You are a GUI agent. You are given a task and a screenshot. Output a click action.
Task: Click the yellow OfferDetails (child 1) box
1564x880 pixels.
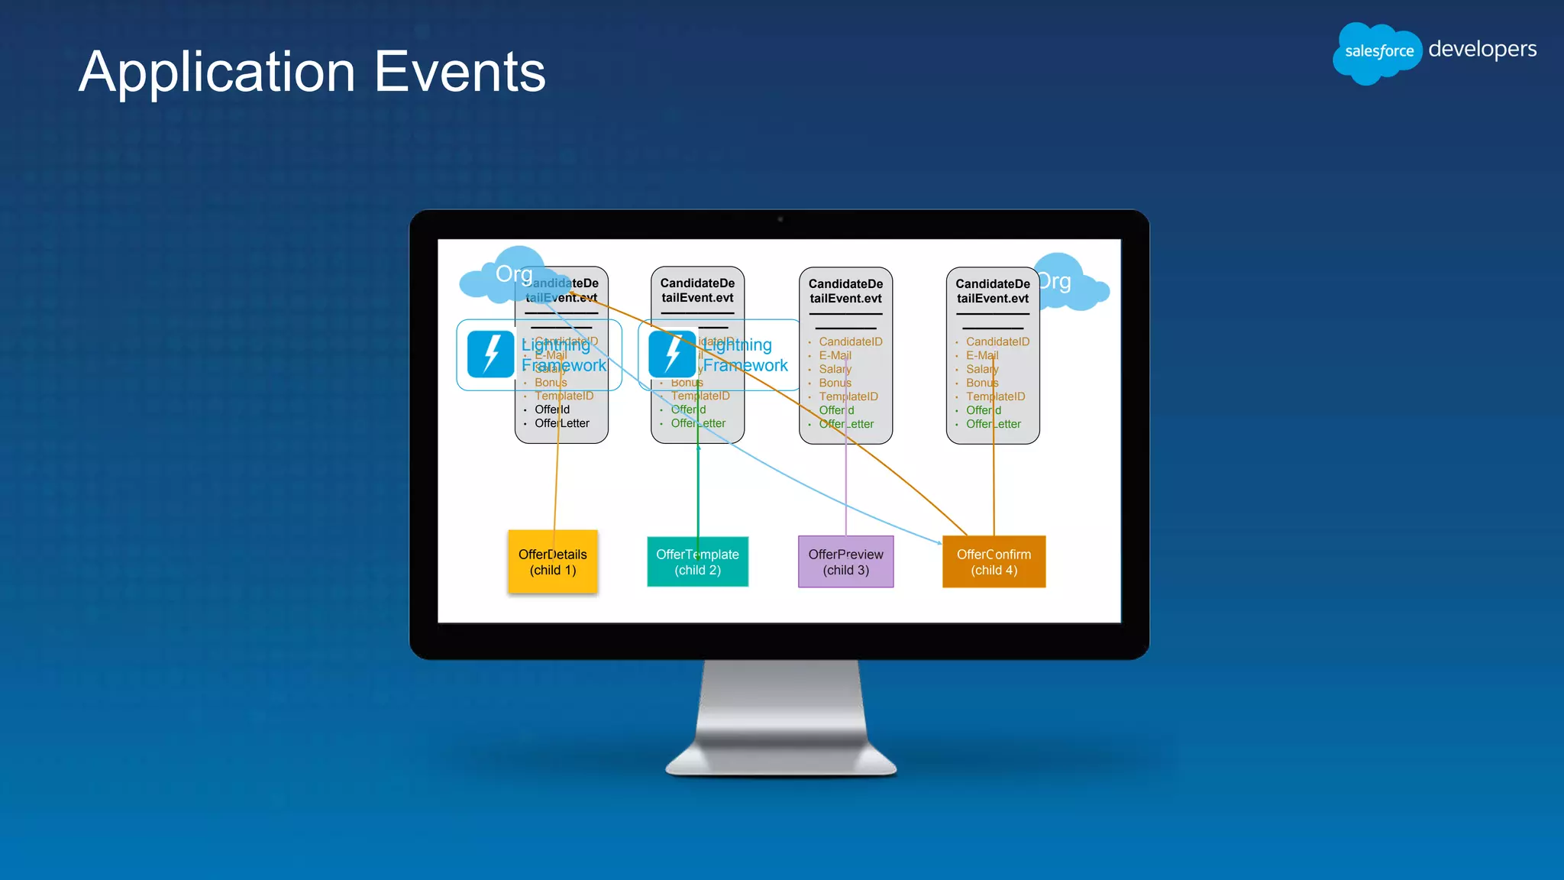click(x=552, y=561)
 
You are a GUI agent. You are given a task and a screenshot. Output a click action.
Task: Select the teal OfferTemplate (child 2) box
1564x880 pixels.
click(x=697, y=561)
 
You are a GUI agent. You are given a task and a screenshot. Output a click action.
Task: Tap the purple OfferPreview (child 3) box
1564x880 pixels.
click(x=845, y=561)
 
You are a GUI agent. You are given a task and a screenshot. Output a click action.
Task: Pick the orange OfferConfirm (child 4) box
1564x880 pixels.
click(x=994, y=561)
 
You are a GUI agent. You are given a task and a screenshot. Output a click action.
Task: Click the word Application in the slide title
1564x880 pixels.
click(x=217, y=73)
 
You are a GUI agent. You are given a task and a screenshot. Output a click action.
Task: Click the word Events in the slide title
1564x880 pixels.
click(x=460, y=73)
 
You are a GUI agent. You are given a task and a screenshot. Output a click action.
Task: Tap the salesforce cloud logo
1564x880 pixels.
click(x=1378, y=52)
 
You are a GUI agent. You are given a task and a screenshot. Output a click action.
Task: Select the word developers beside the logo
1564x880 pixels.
click(x=1482, y=49)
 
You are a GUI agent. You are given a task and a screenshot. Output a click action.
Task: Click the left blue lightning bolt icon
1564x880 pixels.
click(x=490, y=354)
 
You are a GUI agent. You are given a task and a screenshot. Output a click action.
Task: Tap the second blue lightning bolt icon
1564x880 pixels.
click(x=671, y=354)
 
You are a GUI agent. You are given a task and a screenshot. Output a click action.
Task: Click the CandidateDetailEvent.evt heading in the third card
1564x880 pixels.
click(x=845, y=291)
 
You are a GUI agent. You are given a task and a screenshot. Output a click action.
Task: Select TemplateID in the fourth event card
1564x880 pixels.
click(x=995, y=396)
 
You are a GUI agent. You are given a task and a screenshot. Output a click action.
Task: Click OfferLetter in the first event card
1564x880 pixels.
click(x=562, y=423)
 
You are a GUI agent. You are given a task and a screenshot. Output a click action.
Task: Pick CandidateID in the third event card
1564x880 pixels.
click(x=850, y=341)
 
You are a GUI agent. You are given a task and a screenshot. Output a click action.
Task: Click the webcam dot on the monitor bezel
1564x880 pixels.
click(x=780, y=219)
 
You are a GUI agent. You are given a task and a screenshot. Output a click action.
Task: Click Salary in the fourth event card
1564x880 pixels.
click(x=982, y=369)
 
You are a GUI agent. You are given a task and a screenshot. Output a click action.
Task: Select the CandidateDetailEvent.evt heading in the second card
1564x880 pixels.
click(x=697, y=290)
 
